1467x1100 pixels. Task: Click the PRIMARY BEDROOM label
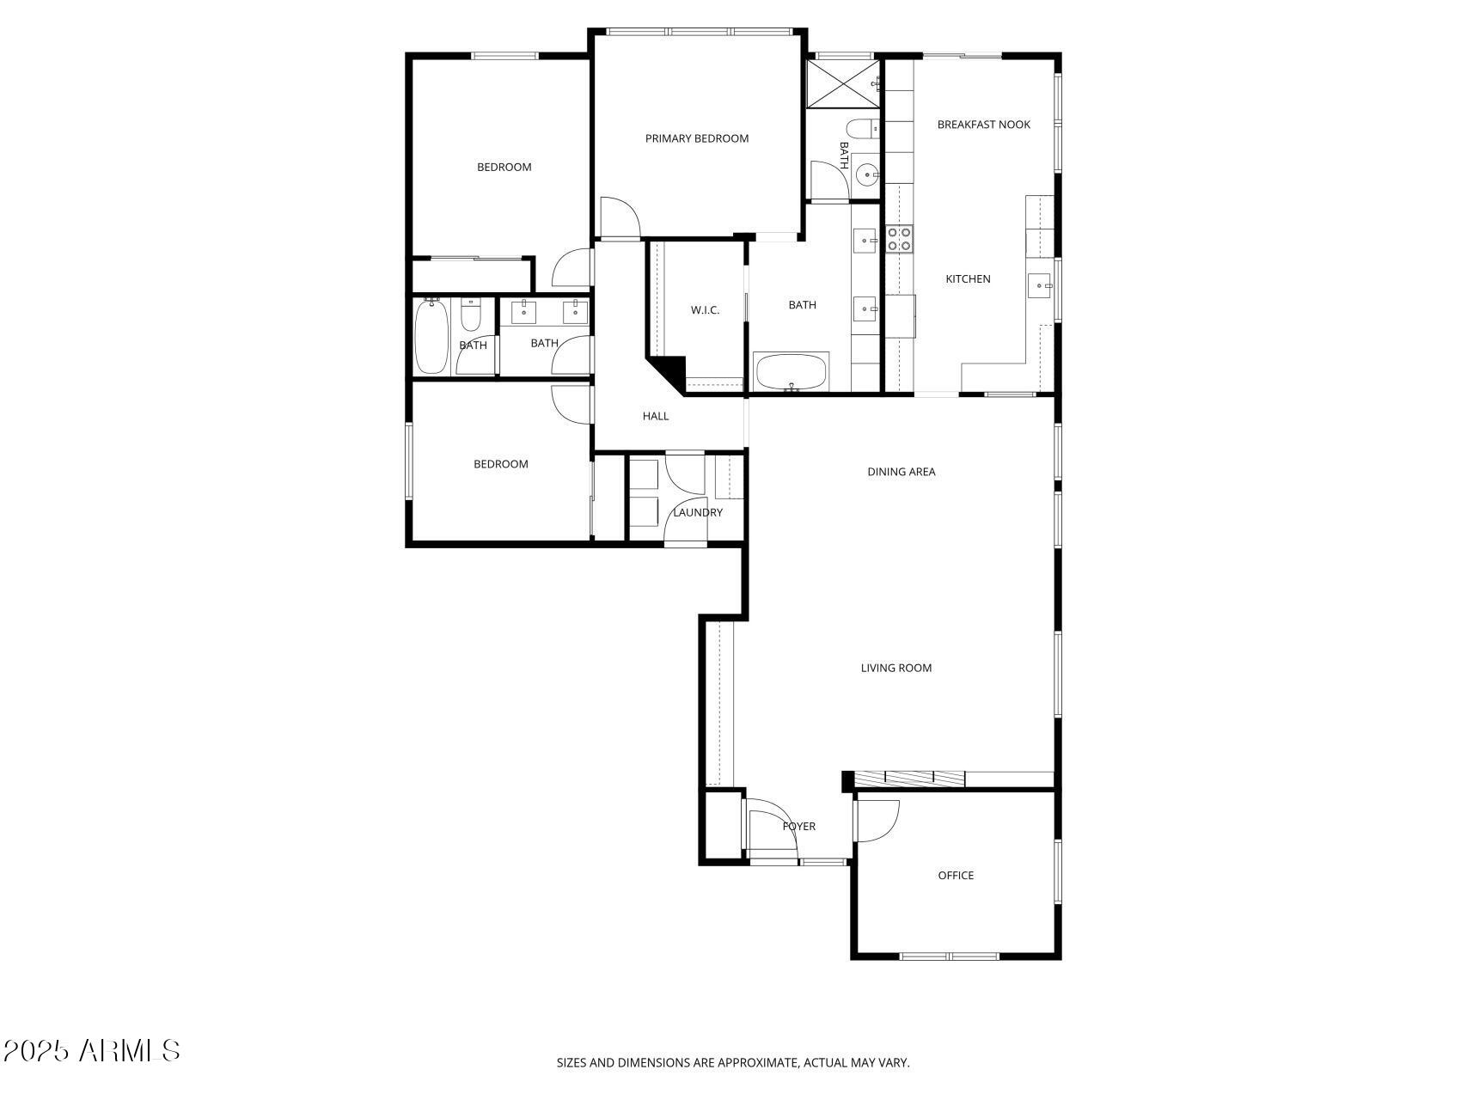coord(697,138)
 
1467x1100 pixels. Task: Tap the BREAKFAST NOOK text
coord(983,125)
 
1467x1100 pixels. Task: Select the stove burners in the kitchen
coord(899,239)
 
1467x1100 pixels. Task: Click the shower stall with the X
coord(844,83)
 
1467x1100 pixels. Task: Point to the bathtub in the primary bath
coord(791,371)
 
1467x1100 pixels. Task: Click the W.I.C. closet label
coord(705,310)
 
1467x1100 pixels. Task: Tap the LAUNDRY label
coord(697,513)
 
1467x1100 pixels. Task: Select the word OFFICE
coord(956,876)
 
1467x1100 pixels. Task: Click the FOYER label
coord(798,827)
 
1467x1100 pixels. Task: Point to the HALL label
coord(656,417)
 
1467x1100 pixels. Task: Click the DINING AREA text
coord(901,472)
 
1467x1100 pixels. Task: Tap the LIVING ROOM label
coord(895,668)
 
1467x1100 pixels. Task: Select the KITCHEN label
coord(968,279)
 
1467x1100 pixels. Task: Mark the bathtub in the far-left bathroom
coord(430,337)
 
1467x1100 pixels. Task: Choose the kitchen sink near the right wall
coord(1040,284)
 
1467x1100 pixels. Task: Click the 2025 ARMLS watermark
coord(91,1050)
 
